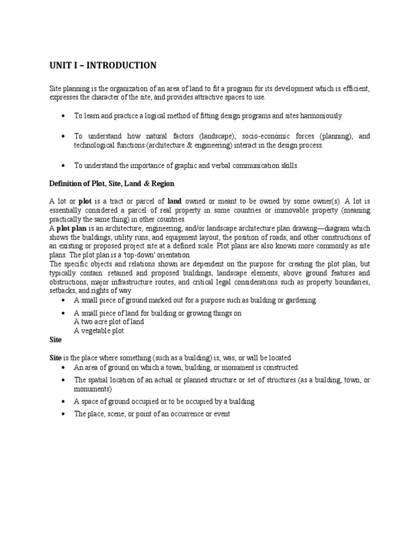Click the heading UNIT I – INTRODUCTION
point(103,66)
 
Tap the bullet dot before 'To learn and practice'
point(64,116)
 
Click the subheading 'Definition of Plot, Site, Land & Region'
point(112,183)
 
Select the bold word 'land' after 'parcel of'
point(174,201)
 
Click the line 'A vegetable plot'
point(99,331)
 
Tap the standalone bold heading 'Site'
point(55,340)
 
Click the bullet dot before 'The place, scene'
point(64,415)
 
